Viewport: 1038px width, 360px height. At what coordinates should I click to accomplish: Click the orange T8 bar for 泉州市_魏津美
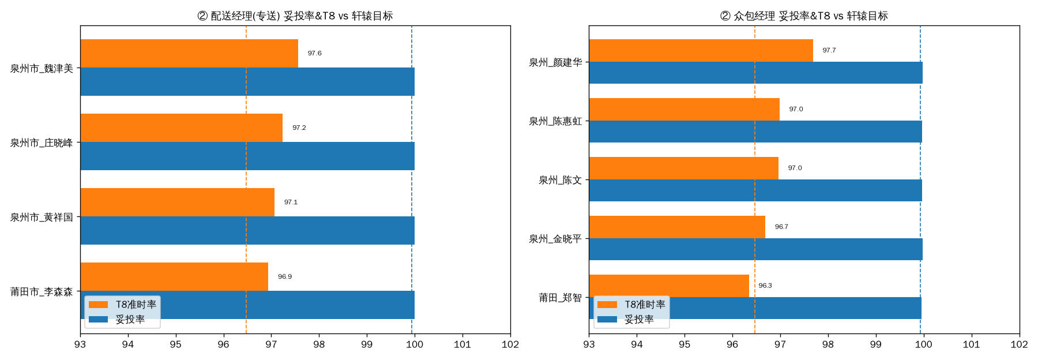[x=189, y=54]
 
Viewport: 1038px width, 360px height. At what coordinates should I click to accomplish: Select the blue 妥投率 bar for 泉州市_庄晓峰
[x=247, y=156]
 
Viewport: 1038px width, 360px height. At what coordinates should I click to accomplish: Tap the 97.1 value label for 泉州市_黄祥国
[x=291, y=202]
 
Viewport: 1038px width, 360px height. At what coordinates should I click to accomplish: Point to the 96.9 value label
[x=285, y=277]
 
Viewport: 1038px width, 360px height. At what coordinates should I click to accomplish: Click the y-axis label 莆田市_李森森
[x=42, y=292]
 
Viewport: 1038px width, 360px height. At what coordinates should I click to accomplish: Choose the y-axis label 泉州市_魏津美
[x=42, y=69]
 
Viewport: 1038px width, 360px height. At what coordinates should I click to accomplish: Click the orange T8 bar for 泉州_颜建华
[x=701, y=51]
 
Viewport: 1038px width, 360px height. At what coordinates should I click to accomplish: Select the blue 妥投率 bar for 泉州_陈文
[x=755, y=190]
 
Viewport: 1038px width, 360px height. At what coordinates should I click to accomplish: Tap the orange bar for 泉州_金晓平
[x=677, y=227]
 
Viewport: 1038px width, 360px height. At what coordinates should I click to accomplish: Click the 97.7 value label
[x=829, y=51]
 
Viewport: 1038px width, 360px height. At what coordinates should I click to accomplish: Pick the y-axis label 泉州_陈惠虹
[x=555, y=121]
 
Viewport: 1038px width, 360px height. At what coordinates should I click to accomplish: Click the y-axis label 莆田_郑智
[x=560, y=298]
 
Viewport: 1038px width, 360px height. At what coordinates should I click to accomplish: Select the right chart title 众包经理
[x=754, y=16]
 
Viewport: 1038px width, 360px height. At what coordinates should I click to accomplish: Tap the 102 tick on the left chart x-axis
[x=510, y=344]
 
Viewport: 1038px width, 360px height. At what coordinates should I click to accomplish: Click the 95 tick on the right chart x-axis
[x=685, y=344]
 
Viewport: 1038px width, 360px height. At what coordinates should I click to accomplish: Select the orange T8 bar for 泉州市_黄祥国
[x=178, y=202]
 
